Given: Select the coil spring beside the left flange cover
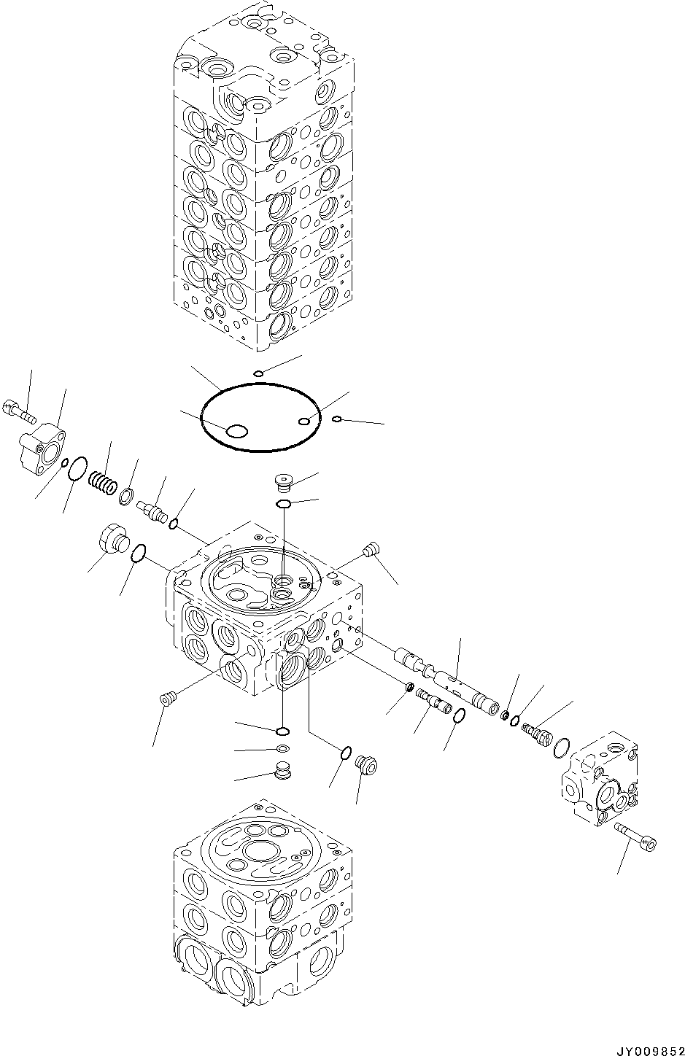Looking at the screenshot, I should click(101, 481).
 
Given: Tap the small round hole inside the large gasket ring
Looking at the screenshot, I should click(305, 420).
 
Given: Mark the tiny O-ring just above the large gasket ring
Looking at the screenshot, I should click(258, 374).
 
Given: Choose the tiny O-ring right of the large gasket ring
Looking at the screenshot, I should click(336, 419).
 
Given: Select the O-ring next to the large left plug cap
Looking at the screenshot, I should click(139, 555).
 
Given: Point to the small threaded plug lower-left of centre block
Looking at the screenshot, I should click(167, 699).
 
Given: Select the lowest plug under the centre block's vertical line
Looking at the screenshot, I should click(282, 769).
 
